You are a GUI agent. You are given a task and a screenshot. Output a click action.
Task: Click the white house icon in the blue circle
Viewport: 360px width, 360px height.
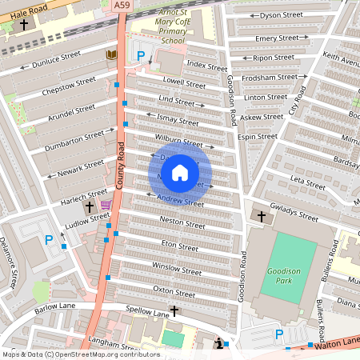point(180,172)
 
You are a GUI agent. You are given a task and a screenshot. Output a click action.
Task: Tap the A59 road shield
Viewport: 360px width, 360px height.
point(122,6)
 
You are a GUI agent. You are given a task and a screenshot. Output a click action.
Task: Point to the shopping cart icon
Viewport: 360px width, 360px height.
point(106,206)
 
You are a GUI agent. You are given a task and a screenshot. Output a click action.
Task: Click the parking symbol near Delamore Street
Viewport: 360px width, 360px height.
point(49,239)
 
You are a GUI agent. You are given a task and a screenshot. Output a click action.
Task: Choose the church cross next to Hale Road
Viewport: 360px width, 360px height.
point(24,25)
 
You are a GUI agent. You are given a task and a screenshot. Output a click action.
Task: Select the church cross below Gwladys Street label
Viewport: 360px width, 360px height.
point(260,216)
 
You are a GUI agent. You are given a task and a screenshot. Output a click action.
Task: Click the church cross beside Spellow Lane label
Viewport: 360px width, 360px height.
point(174,310)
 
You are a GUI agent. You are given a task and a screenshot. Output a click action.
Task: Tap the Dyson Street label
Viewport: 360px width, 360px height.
point(282,14)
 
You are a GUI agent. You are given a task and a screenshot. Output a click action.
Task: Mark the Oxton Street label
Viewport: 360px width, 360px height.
point(174,290)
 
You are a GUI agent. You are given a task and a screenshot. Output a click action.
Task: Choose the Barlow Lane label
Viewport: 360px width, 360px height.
point(54,307)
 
